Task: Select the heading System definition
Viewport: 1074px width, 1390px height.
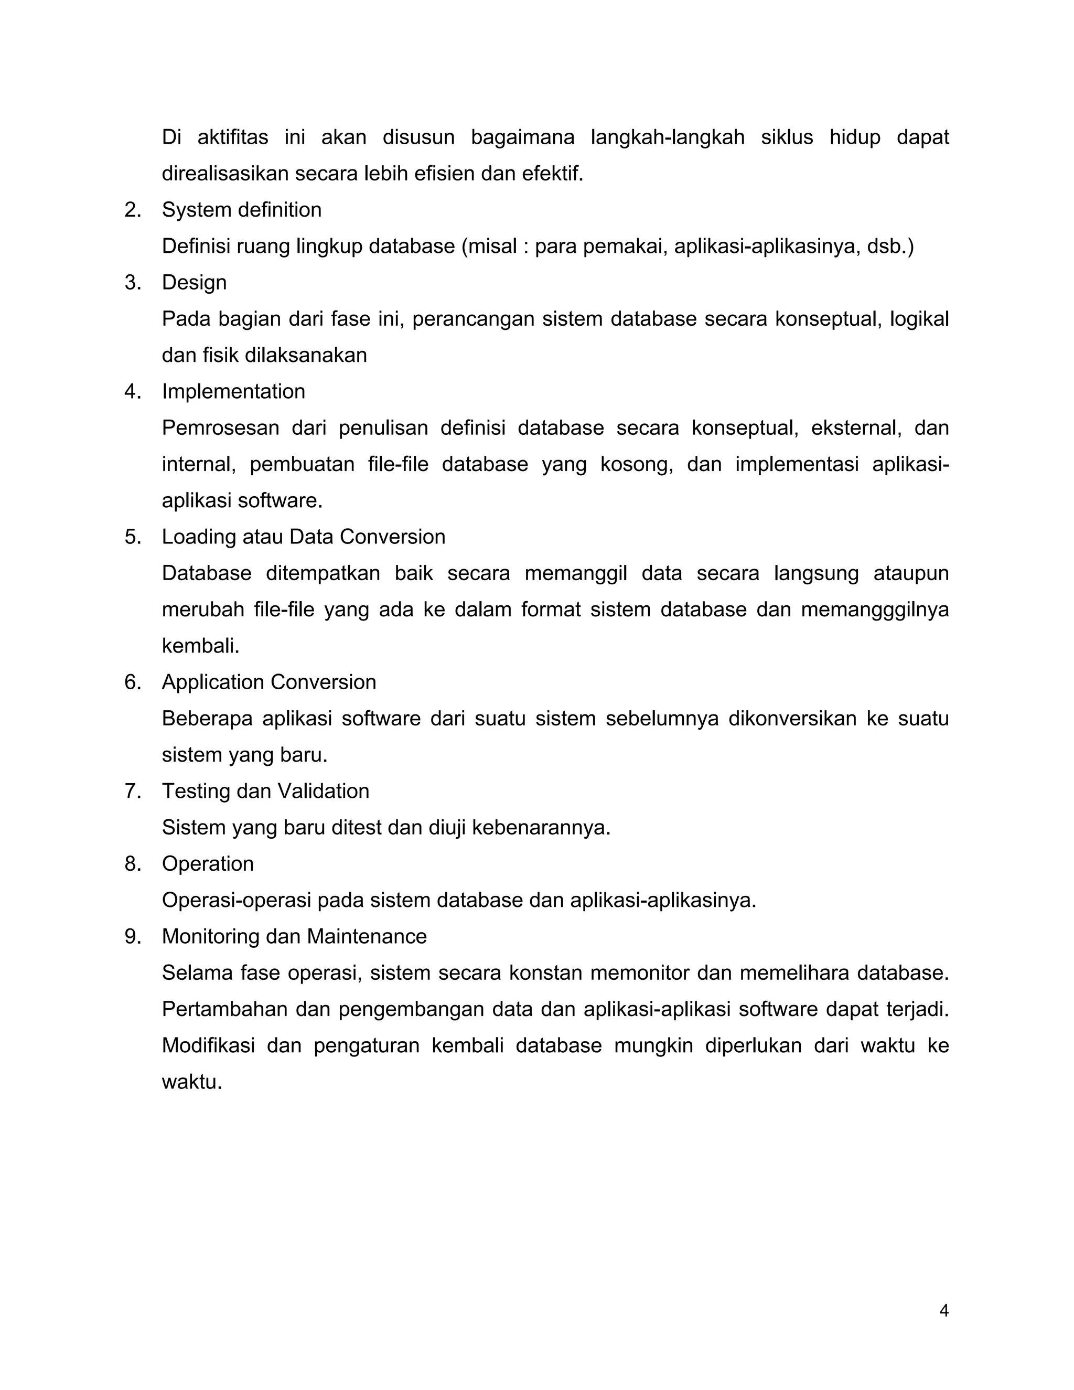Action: click(241, 209)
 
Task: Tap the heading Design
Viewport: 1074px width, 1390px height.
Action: click(194, 282)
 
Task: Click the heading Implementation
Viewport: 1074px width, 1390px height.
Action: click(233, 391)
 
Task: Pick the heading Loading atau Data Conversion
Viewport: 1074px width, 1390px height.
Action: click(303, 537)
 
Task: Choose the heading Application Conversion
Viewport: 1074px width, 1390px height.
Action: click(268, 682)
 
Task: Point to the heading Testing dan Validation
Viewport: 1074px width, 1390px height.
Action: click(265, 790)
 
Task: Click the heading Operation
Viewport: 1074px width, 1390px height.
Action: click(208, 864)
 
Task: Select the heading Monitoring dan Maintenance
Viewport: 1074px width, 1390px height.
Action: click(294, 936)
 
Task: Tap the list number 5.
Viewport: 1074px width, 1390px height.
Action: click(132, 537)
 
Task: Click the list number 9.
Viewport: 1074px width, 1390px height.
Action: click(132, 936)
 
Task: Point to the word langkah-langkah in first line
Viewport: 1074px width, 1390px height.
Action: click(668, 137)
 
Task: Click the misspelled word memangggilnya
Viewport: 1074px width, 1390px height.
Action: click(874, 610)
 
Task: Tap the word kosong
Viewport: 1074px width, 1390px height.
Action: click(636, 464)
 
